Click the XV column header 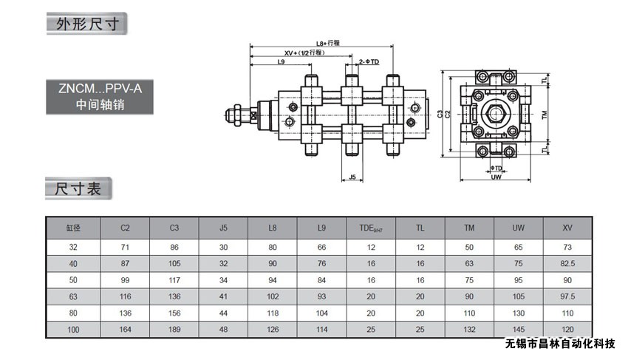click(x=567, y=228)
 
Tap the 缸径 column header click(x=72, y=228)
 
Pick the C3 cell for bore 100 click(x=174, y=329)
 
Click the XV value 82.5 click(x=567, y=264)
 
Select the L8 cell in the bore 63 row click(x=273, y=296)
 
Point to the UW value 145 click(x=519, y=329)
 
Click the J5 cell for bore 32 click(x=224, y=247)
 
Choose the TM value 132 click(x=470, y=329)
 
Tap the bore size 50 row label click(x=72, y=280)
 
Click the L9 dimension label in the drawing click(x=281, y=62)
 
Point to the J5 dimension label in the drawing click(x=352, y=177)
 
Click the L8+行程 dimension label click(x=327, y=43)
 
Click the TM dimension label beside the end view click(x=544, y=115)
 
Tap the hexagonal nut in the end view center click(x=495, y=115)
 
